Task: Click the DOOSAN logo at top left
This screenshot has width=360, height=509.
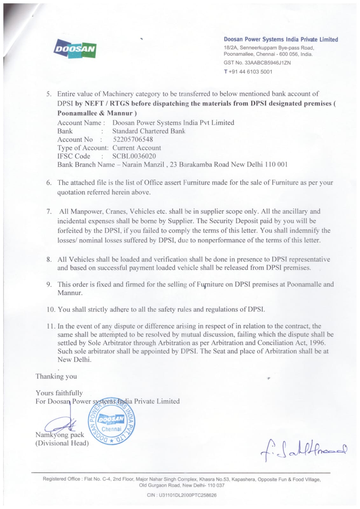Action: point(75,48)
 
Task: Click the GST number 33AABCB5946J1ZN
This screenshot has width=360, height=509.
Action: point(267,63)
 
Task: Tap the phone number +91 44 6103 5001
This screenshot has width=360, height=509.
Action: point(250,72)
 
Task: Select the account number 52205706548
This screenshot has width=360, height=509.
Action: point(133,139)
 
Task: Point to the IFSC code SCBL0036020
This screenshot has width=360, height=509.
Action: point(134,156)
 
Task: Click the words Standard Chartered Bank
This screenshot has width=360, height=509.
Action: point(149,131)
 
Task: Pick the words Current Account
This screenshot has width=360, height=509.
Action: point(137,148)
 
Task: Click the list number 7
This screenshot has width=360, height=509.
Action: point(49,212)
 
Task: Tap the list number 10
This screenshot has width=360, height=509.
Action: point(51,309)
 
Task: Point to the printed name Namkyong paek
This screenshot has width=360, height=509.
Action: point(60,435)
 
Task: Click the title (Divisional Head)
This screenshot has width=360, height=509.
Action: point(62,443)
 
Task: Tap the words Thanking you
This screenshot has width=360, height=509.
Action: point(56,376)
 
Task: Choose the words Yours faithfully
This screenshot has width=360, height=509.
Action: point(59,393)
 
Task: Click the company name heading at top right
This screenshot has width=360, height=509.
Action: point(281,39)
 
